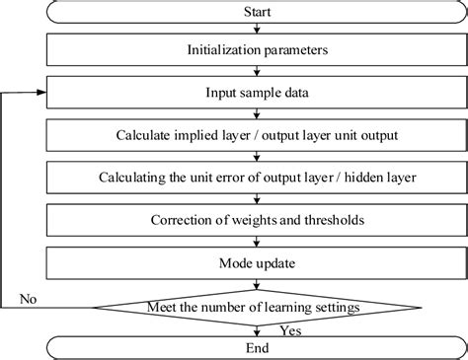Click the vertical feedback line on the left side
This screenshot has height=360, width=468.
6,197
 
